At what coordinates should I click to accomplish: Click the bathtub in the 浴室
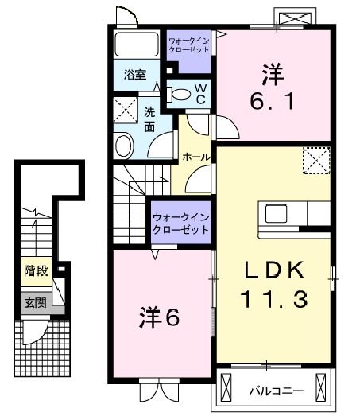pos(137,45)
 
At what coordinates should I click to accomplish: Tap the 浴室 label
pos(135,75)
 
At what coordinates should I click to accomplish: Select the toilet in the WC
pos(179,95)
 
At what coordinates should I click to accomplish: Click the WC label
pos(201,94)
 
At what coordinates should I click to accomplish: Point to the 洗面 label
pos(149,119)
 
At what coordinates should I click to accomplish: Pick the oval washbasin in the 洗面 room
pos(124,146)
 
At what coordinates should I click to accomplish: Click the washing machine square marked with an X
pos(126,111)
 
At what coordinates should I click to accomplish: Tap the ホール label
pos(196,157)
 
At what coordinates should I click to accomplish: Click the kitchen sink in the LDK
pos(276,213)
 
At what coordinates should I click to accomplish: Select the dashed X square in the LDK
pos(316,161)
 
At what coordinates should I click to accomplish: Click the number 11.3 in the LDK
pos(274,299)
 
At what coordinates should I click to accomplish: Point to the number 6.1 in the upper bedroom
pos(273,101)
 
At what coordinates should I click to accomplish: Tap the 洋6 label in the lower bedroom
pos(160,318)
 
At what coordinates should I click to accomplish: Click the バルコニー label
pos(277,391)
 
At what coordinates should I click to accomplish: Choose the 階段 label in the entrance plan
pos(36,270)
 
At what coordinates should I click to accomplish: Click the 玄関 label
pos(36,303)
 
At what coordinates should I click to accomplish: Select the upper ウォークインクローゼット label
pos(188,45)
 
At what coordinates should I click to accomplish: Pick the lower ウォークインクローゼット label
pos(181,224)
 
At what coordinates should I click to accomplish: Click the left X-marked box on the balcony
pos(226,387)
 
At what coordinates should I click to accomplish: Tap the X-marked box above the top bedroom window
pos(296,18)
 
